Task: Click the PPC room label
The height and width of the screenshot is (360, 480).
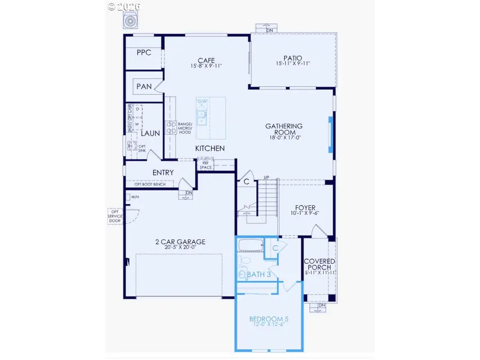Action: pyautogui.click(x=144, y=52)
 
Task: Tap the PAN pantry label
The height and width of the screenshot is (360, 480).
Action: pyautogui.click(x=143, y=86)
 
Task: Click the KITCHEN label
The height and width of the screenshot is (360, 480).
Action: pyautogui.click(x=210, y=148)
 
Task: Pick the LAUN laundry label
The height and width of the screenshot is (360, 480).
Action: pyautogui.click(x=150, y=133)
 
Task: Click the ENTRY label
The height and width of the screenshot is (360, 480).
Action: pyautogui.click(x=163, y=172)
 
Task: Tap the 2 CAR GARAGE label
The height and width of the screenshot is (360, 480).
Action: pyautogui.click(x=180, y=242)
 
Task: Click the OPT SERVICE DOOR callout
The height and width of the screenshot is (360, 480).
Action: pyautogui.click(x=115, y=215)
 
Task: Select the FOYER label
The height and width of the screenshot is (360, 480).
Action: pyautogui.click(x=305, y=208)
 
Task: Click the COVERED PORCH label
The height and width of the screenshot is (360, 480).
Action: pyautogui.click(x=318, y=264)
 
